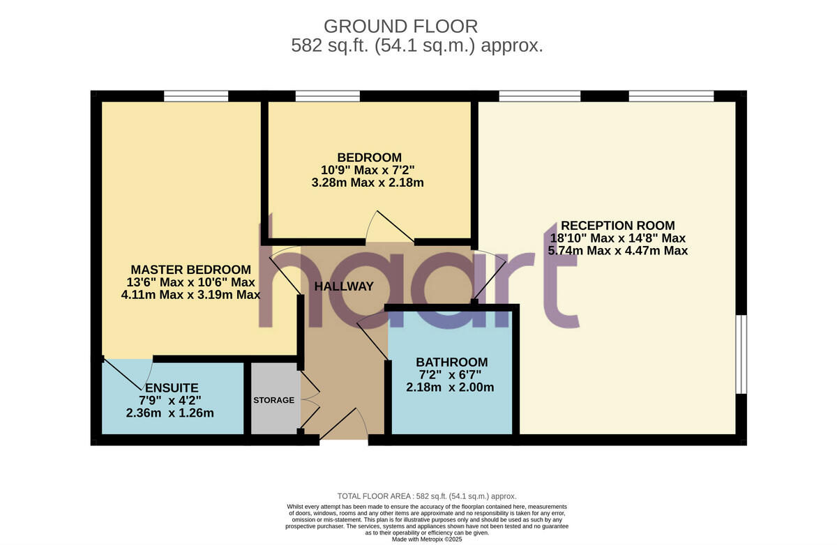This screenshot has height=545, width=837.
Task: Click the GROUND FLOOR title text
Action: [401, 26]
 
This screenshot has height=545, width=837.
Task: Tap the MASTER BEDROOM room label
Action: [190, 270]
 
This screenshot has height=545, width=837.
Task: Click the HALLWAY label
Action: [344, 286]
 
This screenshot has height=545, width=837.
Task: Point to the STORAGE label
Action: [273, 400]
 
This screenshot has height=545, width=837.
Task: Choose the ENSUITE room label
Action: [170, 387]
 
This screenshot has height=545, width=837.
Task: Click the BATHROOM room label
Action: [451, 362]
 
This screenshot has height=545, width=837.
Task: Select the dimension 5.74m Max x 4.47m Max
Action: [617, 251]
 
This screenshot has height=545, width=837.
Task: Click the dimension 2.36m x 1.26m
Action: [170, 413]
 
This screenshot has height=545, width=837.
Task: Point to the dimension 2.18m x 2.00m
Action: [451, 387]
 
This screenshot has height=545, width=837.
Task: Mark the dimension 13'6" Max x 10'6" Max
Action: [190, 282]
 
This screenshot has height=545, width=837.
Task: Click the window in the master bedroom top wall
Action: [196, 96]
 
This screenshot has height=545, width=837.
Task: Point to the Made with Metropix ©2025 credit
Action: [426, 539]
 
